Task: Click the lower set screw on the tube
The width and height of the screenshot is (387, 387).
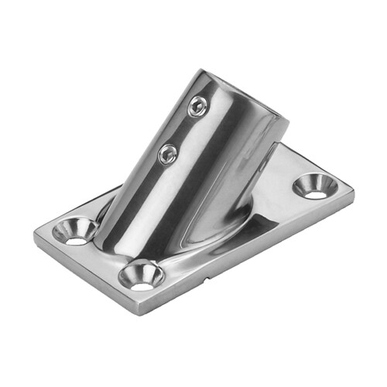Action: click(166, 154)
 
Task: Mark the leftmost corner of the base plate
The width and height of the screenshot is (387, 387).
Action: click(36, 236)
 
